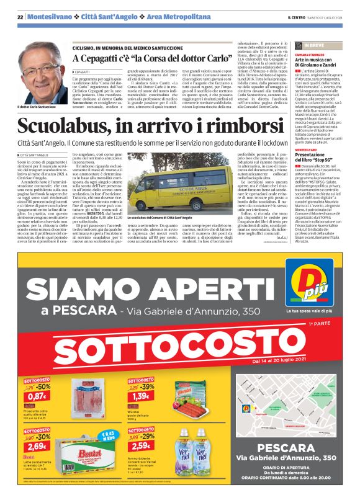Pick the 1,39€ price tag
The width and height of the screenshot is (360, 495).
coord(140,396)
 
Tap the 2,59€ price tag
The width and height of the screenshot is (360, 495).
coord(140,445)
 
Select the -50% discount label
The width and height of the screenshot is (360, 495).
coord(44,386)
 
